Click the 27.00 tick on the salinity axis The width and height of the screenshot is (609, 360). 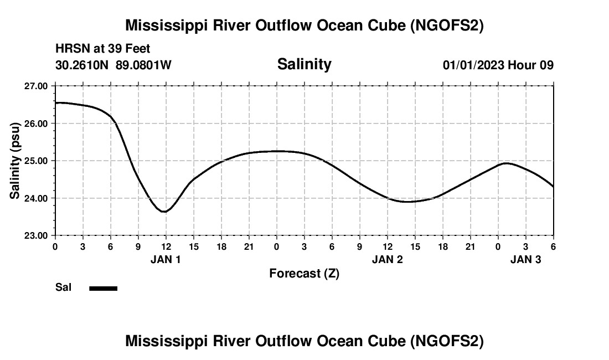37,86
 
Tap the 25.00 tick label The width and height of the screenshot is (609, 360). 37,161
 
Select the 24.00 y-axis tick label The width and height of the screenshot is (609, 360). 37,198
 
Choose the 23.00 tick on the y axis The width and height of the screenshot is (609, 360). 37,235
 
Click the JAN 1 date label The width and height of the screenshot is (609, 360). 166,259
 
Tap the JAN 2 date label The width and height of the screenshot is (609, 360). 387,259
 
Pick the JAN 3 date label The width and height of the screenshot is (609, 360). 525,259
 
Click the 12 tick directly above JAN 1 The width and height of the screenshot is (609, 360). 166,246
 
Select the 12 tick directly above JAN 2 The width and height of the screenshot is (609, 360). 387,246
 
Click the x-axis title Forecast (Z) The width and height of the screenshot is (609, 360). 304,274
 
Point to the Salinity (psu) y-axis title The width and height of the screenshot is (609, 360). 15,161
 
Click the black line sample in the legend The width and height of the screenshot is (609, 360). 103,288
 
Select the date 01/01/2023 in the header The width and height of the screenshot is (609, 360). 473,65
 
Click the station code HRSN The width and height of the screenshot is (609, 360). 69,49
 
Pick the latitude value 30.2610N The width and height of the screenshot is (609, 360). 83,65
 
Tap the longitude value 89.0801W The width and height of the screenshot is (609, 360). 144,65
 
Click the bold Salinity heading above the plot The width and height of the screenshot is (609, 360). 304,64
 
